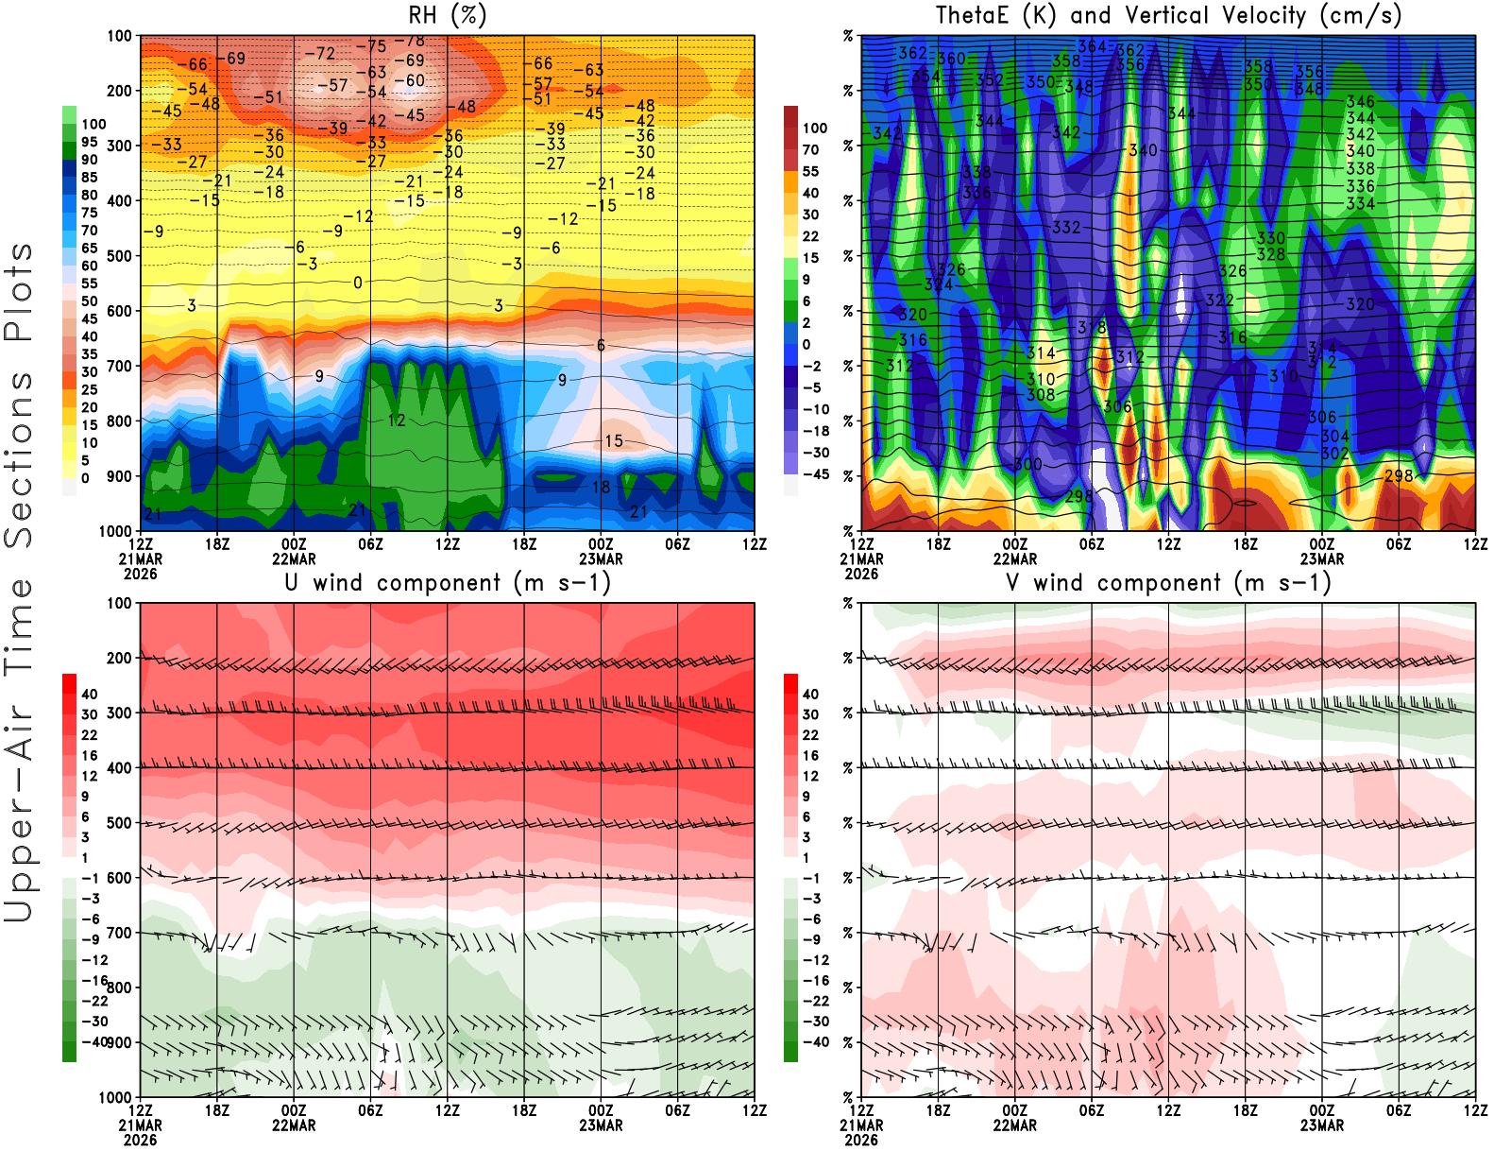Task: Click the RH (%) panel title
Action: [x=447, y=15]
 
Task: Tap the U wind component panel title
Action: [x=448, y=582]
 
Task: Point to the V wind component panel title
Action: [x=1168, y=582]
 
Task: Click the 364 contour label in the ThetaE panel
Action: [x=1091, y=46]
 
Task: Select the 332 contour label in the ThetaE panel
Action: [x=1065, y=228]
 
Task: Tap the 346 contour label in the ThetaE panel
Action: [x=1360, y=102]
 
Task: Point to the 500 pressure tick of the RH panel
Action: [x=119, y=256]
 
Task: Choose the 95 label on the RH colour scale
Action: [x=89, y=142]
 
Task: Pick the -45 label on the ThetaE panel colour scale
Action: [x=815, y=474]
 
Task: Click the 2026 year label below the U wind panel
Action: [x=140, y=1140]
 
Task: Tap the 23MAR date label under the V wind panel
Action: [x=1321, y=1125]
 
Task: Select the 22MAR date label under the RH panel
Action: [x=294, y=558]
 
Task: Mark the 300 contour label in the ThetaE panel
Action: [x=1027, y=465]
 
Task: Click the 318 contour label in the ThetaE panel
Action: [x=1091, y=328]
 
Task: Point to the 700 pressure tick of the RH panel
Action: [x=119, y=366]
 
